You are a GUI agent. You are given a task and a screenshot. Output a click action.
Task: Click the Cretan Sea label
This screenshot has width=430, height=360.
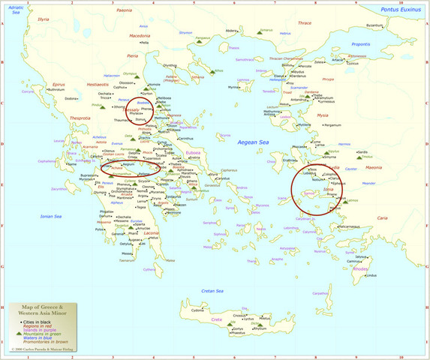point(212,290)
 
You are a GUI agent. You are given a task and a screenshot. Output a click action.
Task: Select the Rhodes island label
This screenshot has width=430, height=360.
point(360,268)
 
